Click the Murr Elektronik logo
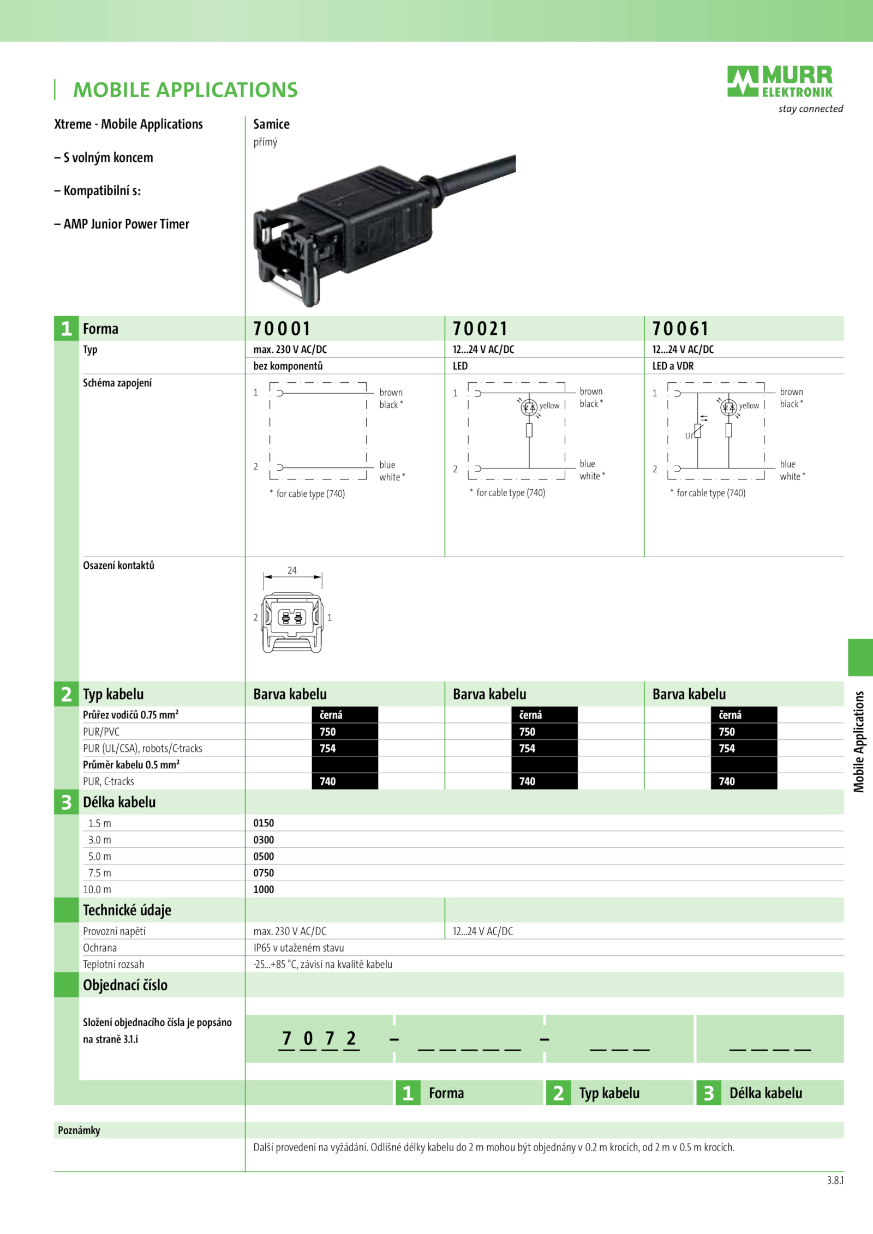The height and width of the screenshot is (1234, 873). tap(780, 82)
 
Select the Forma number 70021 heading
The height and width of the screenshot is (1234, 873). tap(480, 329)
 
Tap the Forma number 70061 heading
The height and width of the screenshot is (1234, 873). tap(680, 329)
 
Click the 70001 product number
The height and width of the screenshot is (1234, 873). tap(282, 329)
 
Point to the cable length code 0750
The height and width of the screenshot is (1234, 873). tap(264, 873)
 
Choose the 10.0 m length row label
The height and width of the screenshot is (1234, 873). tap(97, 889)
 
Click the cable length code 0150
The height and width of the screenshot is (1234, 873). tap(264, 823)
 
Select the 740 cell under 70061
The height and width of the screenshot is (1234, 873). tap(744, 781)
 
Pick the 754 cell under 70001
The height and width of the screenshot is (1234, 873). tap(345, 748)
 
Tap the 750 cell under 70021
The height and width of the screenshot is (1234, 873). tap(545, 732)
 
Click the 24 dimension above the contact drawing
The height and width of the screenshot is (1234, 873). tap(292, 570)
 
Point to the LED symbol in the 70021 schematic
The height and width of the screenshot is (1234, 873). tap(529, 407)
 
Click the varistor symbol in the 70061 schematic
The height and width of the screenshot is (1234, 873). tap(698, 430)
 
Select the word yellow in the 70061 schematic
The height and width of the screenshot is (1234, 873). tap(749, 406)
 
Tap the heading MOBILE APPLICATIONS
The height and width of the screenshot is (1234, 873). tap(186, 90)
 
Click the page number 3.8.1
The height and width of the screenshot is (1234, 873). tap(835, 1181)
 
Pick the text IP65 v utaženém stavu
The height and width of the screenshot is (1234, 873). tap(298, 948)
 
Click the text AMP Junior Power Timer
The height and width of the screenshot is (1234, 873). tap(127, 224)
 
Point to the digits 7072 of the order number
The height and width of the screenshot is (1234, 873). tap(319, 1038)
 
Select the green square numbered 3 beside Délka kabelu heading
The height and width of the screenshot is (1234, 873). tap(67, 802)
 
